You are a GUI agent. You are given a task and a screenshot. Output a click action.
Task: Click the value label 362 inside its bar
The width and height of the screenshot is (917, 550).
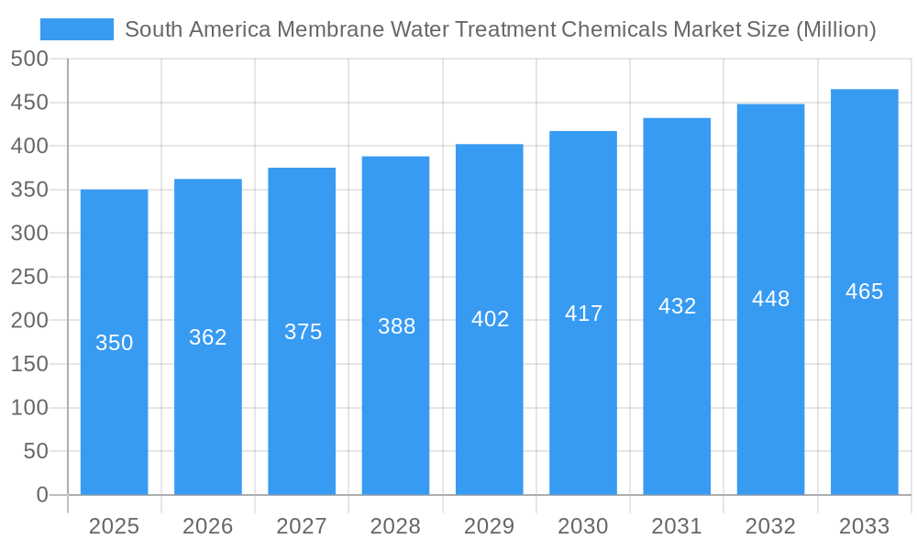208,337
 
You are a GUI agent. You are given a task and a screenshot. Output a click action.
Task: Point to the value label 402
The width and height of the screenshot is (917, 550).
490,319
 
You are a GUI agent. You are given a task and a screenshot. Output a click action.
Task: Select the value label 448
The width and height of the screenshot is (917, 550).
770,299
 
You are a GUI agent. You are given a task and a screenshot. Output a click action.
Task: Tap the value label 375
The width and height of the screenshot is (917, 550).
303,332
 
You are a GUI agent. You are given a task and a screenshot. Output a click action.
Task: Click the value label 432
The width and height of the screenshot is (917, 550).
677,306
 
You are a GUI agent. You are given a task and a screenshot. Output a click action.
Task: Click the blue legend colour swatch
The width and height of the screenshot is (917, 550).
77,29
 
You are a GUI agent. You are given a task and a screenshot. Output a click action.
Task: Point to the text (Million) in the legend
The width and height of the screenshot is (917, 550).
834,29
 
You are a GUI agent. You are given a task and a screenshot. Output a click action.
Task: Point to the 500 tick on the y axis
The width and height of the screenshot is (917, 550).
29,59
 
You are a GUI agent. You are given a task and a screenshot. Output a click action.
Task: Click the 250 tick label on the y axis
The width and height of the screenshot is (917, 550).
29,277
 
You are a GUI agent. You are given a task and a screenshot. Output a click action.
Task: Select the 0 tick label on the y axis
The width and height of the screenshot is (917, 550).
42,495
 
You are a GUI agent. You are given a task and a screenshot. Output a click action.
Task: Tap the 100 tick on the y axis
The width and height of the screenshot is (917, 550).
29,408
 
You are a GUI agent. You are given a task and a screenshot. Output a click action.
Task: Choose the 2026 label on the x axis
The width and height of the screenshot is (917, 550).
208,526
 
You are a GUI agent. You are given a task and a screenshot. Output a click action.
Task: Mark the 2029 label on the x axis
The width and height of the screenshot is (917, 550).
490,526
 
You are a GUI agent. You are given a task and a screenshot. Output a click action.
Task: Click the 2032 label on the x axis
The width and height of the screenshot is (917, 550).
770,526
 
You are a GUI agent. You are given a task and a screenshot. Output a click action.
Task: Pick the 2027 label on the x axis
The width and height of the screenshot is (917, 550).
302,526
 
